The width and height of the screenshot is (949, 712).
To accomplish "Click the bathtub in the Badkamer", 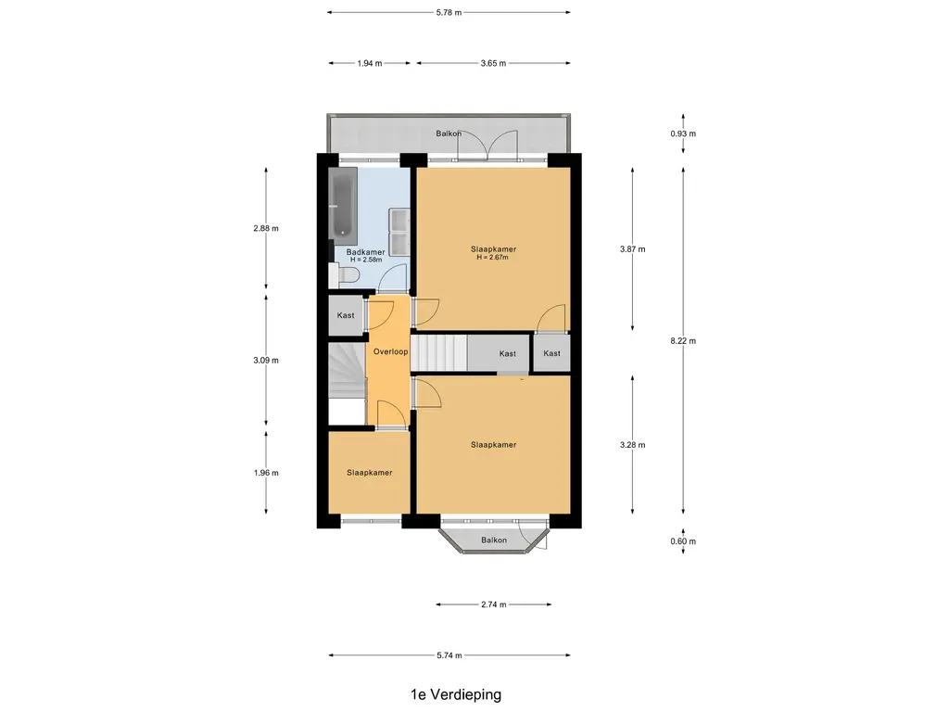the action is (343, 206).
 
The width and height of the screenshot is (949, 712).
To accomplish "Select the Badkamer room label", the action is (365, 252).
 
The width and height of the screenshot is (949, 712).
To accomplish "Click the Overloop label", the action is (390, 351).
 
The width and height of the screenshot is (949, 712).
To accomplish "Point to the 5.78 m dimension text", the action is (449, 12).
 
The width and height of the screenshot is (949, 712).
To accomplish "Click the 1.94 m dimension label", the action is (370, 63).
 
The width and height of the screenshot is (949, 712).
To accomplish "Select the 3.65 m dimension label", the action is (493, 63).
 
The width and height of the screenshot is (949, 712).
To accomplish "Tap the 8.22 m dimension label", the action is (683, 341).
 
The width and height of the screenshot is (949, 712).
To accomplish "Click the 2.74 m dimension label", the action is (494, 604).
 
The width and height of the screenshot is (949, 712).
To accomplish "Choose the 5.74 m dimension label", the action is (449, 655).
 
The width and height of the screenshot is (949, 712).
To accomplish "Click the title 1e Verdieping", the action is (456, 694).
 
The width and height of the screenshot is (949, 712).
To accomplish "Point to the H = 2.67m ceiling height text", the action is (493, 258).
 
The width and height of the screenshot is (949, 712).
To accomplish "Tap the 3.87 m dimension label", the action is (632, 248).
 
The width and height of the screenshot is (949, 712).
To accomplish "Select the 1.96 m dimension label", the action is (266, 473).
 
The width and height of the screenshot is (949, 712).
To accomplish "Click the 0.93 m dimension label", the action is (683, 133).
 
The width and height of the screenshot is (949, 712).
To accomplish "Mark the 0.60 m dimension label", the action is (683, 541).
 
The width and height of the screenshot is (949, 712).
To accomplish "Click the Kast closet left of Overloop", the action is (347, 315).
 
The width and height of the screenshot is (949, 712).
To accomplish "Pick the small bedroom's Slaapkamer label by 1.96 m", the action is (369, 473).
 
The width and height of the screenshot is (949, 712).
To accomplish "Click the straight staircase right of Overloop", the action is (438, 352).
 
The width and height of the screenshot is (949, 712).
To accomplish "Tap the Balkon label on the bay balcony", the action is (494, 540).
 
